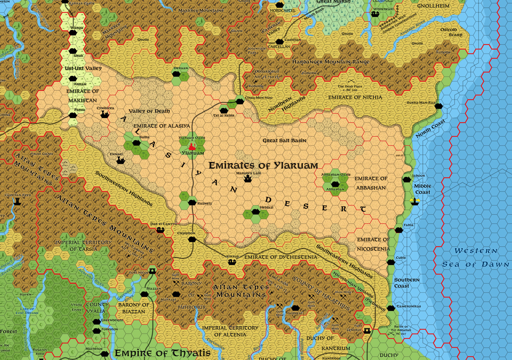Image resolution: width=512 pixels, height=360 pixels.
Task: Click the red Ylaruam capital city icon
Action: pyautogui.click(x=191, y=147)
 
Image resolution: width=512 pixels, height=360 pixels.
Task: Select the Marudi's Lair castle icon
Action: pyautogui.click(x=247, y=179)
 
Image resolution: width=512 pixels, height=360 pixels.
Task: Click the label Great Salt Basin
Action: pyautogui.click(x=284, y=141)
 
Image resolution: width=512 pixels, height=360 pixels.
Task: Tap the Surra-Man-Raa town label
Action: pyautogui.click(x=421, y=103)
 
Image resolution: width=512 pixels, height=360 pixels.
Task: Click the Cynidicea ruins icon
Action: pyautogui.click(x=104, y=114)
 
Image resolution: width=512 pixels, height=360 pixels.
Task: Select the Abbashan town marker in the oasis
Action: pyautogui.click(x=335, y=184)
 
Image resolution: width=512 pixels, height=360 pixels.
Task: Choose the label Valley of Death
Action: pyautogui.click(x=149, y=111)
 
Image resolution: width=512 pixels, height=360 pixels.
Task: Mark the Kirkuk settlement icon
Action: pyautogui.click(x=232, y=262)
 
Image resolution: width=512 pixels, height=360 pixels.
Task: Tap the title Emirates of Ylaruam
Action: pyautogui.click(x=263, y=166)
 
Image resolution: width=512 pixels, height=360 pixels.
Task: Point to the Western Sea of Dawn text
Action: pyautogui.click(x=476, y=257)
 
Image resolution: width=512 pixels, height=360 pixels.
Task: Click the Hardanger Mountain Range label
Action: pyautogui.click(x=330, y=62)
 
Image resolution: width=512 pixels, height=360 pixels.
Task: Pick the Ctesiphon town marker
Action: pyautogui.click(x=192, y=239)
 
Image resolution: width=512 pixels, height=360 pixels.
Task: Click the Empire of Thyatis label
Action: pyautogui.click(x=163, y=353)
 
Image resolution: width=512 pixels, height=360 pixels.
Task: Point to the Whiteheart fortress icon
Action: pyautogui.click(x=376, y=14)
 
